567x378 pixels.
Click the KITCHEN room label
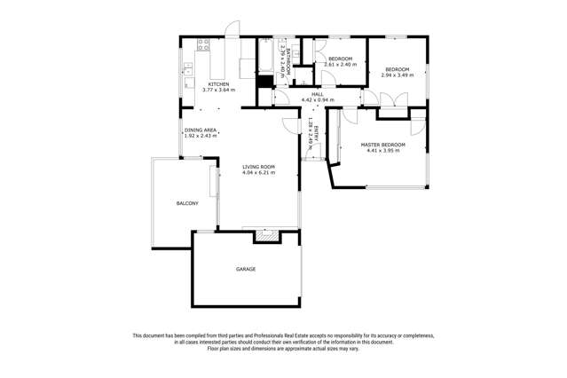[218, 84]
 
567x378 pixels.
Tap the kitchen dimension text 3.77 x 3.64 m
[218, 91]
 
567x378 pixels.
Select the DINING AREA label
[201, 130]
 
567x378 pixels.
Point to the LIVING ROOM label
[259, 167]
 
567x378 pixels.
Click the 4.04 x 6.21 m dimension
[259, 173]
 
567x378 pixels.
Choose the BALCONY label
[186, 203]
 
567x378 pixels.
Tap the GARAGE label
[246, 268]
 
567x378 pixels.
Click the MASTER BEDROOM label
[382, 144]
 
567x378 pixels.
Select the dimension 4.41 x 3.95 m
[382, 151]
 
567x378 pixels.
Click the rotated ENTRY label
[316, 134]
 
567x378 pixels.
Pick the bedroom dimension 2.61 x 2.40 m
[339, 65]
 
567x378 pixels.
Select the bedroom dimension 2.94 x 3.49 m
[396, 75]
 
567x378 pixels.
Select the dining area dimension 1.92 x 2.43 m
[201, 136]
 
